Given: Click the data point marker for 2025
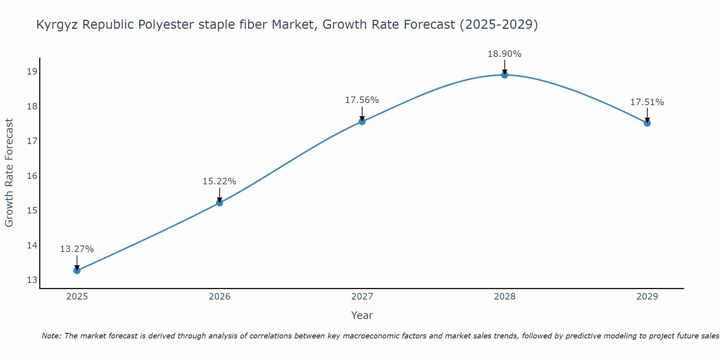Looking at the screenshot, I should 77,270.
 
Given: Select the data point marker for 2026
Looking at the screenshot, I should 220,203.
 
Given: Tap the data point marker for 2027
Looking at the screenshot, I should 362,122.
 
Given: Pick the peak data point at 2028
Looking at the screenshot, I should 505,75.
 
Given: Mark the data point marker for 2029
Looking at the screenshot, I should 647,123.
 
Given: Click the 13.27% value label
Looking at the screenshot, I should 77,249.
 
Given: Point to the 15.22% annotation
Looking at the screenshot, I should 219,181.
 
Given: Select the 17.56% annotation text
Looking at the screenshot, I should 362,100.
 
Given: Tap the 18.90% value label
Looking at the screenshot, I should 504,54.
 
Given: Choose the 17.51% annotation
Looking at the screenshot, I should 647,102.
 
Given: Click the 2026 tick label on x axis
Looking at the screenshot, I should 220,297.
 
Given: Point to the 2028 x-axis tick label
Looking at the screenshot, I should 505,297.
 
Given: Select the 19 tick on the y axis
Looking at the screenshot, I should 32,72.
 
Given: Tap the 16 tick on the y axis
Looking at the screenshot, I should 32,176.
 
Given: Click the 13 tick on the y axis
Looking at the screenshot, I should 32,280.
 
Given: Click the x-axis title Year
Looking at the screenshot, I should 362,315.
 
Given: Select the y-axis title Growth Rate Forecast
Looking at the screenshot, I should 9,173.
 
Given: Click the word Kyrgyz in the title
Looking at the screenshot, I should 57,25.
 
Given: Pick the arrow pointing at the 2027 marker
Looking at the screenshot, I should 362,113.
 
